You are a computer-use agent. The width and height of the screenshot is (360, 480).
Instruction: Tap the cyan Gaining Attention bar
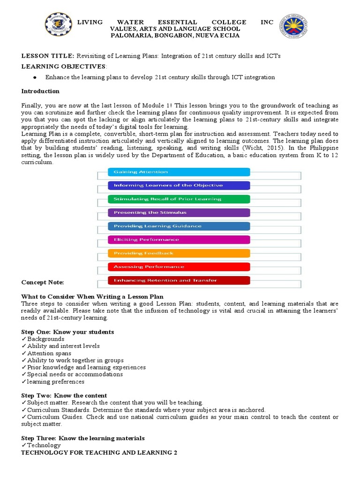[179, 172]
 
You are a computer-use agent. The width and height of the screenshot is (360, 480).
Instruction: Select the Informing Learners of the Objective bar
[179, 185]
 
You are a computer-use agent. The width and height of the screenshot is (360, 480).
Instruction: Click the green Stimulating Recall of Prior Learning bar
[179, 199]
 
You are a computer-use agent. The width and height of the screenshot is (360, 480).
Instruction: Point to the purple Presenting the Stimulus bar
[179, 212]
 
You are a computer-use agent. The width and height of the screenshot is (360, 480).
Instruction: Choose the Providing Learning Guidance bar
[179, 226]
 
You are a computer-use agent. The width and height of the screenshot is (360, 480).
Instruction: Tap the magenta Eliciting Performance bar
[179, 240]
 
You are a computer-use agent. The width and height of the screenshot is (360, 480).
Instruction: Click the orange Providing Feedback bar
[179, 253]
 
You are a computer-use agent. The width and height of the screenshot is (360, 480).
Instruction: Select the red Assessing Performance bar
[179, 267]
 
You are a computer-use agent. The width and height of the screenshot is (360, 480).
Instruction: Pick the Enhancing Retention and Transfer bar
[179, 280]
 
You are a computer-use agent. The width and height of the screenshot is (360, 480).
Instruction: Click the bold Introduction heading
[40, 91]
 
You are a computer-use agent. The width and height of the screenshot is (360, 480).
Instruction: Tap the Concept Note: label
[43, 283]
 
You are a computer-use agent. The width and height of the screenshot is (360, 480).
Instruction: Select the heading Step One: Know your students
[67, 332]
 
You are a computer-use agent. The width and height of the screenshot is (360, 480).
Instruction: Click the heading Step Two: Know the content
[64, 396]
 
